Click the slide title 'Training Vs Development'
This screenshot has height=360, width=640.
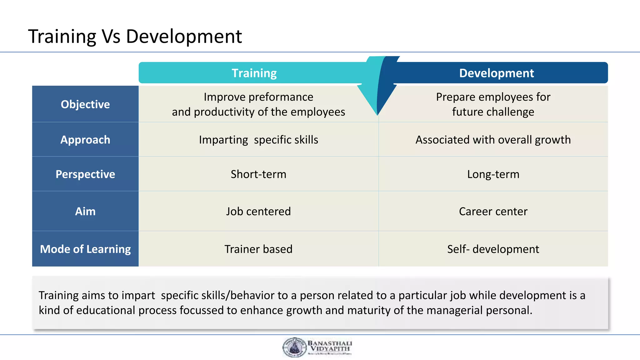[135, 36]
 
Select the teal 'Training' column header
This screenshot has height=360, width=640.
[254, 73]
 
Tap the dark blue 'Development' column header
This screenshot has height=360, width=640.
[496, 73]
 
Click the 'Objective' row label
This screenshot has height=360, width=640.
[85, 104]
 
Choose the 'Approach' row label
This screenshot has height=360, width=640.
[85, 140]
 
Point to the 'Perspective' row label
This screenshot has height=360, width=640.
[85, 174]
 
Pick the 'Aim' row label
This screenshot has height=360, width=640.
[85, 212]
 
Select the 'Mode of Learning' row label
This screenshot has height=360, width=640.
[85, 249]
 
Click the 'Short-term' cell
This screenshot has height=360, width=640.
[258, 174]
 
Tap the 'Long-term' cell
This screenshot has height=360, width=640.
[493, 174]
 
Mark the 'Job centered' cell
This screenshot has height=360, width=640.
[258, 212]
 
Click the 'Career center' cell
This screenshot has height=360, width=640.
[493, 212]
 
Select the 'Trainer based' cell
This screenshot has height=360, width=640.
[258, 249]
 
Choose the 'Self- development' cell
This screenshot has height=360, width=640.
[493, 249]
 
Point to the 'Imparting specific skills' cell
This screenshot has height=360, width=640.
[258, 140]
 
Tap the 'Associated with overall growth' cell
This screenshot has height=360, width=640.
[493, 140]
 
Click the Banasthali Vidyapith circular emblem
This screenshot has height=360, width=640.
[294, 347]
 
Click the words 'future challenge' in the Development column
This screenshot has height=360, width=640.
[493, 112]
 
